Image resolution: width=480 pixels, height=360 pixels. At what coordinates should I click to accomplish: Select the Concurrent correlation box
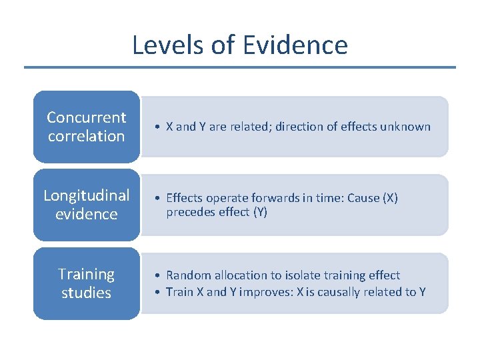tap(87, 127)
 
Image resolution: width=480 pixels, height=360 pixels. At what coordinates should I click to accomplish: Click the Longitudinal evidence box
tap(87, 205)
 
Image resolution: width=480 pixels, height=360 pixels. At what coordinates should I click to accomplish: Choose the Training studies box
tap(87, 283)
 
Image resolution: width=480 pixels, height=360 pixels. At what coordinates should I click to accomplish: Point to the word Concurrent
tap(87, 117)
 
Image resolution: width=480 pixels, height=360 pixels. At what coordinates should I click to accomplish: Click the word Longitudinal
tap(87, 195)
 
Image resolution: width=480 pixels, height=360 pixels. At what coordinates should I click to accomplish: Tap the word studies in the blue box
tap(87, 293)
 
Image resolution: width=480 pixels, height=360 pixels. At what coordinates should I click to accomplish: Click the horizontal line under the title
tap(240, 67)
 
